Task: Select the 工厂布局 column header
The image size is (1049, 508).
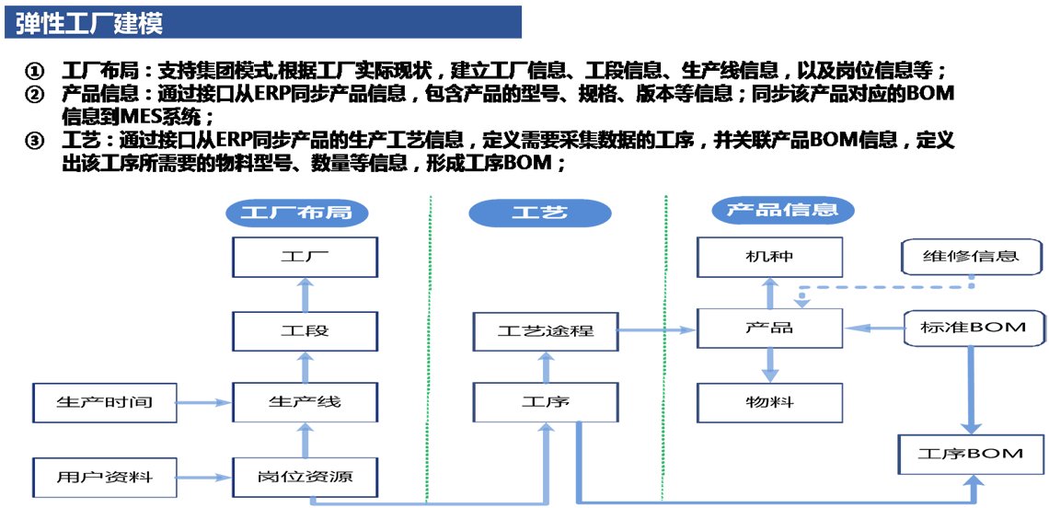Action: pos(295,212)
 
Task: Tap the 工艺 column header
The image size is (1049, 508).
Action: pos(539,212)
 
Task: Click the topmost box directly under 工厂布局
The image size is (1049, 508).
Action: pos(290,254)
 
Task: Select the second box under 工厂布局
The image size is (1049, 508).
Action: pos(290,329)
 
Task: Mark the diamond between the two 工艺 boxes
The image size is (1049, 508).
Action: pos(544,365)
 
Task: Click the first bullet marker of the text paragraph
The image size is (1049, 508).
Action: pos(35,72)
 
